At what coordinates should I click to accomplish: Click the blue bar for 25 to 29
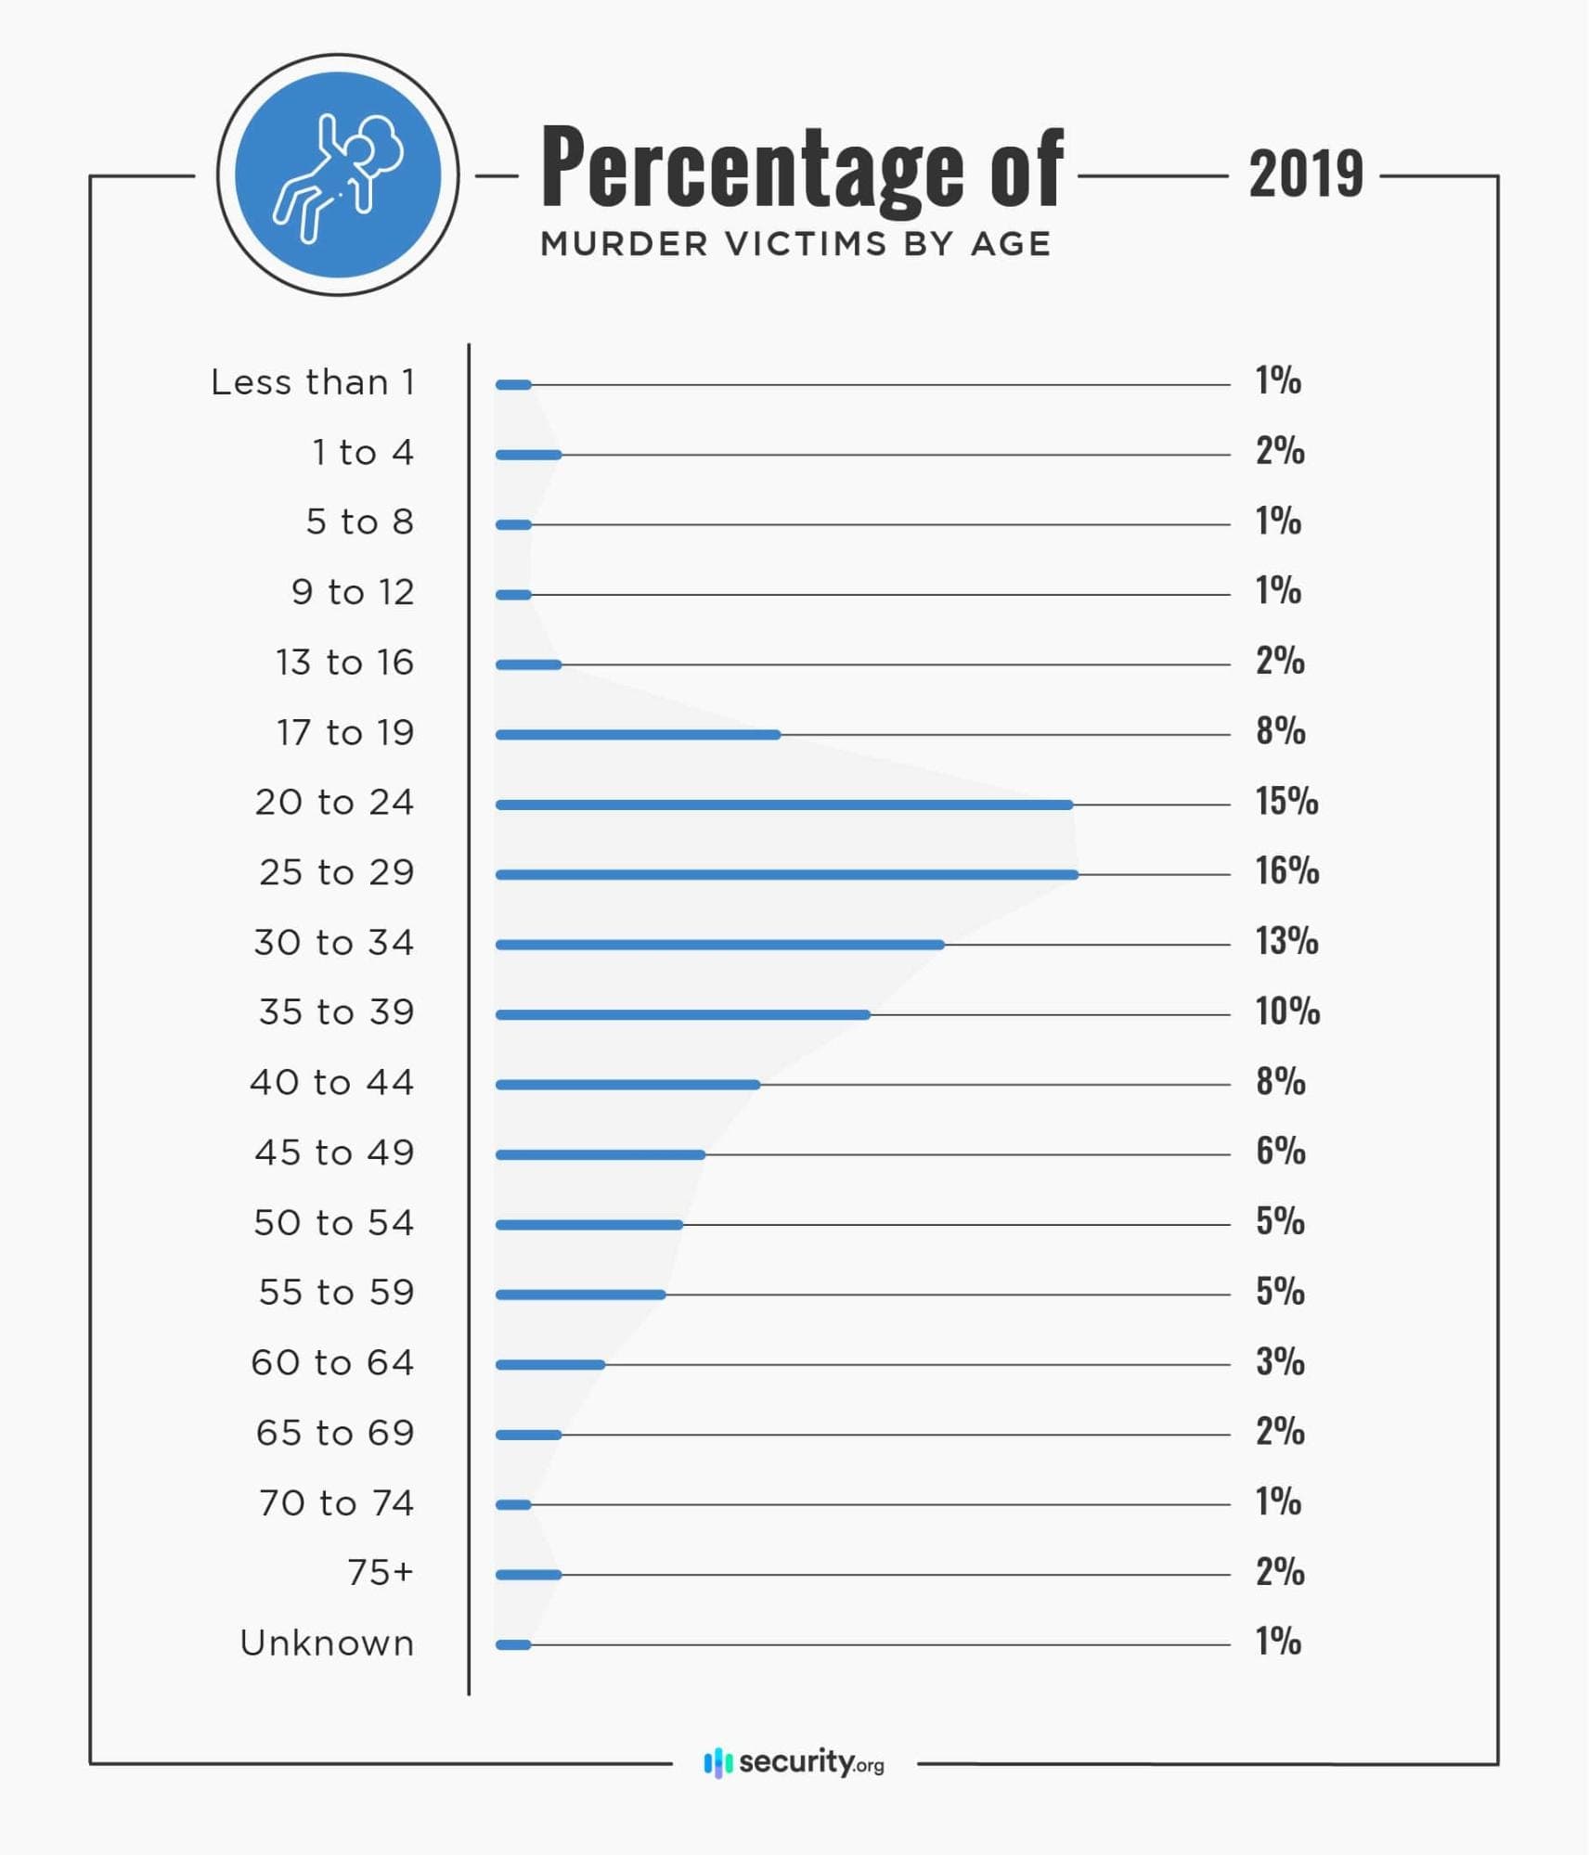click(x=787, y=874)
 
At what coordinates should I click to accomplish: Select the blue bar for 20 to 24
click(x=784, y=805)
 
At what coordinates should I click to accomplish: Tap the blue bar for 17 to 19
click(x=638, y=735)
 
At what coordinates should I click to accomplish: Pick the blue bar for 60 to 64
click(x=550, y=1364)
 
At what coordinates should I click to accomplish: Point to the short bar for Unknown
click(x=513, y=1644)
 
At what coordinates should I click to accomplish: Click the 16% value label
click(x=1286, y=870)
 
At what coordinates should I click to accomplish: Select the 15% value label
click(x=1286, y=801)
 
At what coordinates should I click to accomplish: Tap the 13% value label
click(x=1286, y=941)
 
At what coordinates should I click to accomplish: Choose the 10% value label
click(x=1287, y=1011)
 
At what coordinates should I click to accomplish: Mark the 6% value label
click(x=1280, y=1151)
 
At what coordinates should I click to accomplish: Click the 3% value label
click(x=1280, y=1361)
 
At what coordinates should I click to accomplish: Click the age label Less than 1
click(x=312, y=382)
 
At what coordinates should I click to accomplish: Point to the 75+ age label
click(x=380, y=1572)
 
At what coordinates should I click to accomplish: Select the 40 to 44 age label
click(x=331, y=1082)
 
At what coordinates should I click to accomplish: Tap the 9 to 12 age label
click(x=353, y=592)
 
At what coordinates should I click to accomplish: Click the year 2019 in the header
click(x=1306, y=174)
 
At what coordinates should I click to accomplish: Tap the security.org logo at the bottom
click(x=794, y=1761)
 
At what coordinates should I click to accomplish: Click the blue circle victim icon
click(x=338, y=174)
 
